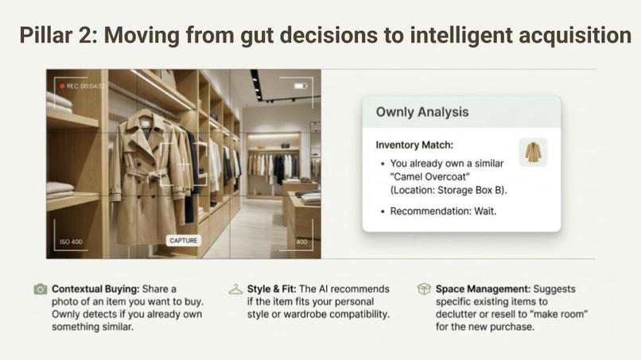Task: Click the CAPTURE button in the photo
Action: tap(185, 240)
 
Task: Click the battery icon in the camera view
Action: tap(300, 85)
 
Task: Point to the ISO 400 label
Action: tap(71, 241)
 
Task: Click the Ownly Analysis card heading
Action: tap(422, 112)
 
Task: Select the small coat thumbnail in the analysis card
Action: tap(533, 153)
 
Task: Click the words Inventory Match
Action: tap(414, 145)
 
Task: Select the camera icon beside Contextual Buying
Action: tap(40, 290)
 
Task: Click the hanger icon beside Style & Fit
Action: tap(235, 290)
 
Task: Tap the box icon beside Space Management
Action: tap(424, 290)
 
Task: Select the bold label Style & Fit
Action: tap(274, 289)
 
